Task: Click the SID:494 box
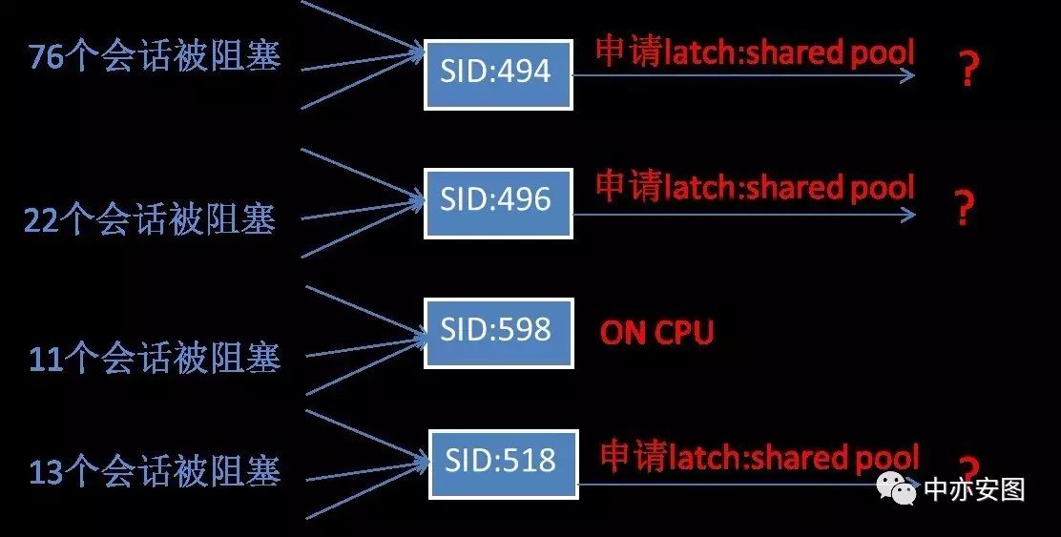[x=497, y=74]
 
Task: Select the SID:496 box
[x=497, y=202]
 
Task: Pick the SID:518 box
[x=503, y=464]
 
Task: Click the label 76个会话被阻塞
[x=155, y=57]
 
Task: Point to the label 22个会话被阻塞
[x=150, y=221]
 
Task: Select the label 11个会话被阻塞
[x=155, y=359]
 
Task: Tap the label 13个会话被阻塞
[x=155, y=472]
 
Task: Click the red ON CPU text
[x=656, y=333]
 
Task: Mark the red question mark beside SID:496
[x=964, y=208]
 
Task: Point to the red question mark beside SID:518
[x=969, y=467]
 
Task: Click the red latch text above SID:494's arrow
[x=755, y=52]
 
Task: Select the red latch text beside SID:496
[x=755, y=187]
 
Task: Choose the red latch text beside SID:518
[x=759, y=457]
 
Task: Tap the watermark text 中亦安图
[x=974, y=489]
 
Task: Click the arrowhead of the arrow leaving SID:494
[x=907, y=76]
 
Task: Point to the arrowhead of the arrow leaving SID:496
[x=907, y=215]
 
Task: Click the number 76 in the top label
[x=46, y=57]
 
